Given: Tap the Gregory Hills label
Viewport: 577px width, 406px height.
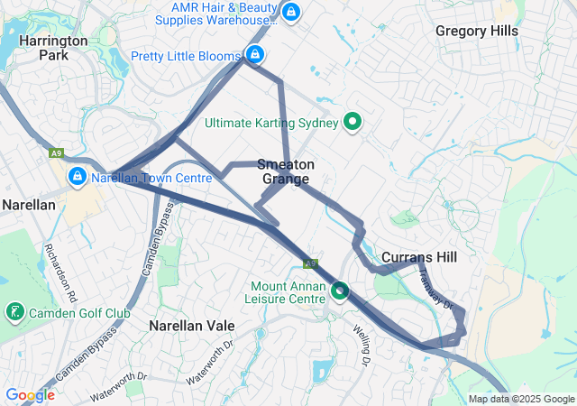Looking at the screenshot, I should pos(477,31).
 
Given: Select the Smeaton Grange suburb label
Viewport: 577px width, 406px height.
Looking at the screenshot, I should pos(286,171).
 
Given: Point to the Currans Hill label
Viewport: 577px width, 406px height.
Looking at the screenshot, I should pos(419,257).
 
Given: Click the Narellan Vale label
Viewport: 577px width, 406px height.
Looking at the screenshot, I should pos(192,325).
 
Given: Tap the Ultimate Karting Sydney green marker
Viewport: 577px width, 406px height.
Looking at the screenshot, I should pos(353,122).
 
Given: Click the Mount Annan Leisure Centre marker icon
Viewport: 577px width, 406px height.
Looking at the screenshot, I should pos(340,291).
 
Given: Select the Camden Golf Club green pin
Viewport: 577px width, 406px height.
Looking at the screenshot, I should pos(14,312).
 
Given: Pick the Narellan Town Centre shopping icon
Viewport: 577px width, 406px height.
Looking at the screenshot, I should pos(78,176).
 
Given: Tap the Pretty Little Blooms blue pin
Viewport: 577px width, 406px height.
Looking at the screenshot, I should pos(255,55).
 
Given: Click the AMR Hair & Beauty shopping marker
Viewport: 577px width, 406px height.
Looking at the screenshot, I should pos(290,13).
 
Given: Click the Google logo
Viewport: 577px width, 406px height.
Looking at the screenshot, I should pos(30,395).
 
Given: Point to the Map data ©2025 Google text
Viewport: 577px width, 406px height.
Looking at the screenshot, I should pos(521,399).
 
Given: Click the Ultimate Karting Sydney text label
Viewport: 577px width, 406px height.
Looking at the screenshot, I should pos(271,123).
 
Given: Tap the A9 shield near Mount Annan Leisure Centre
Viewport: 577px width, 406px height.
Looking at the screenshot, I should pos(309,263).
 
